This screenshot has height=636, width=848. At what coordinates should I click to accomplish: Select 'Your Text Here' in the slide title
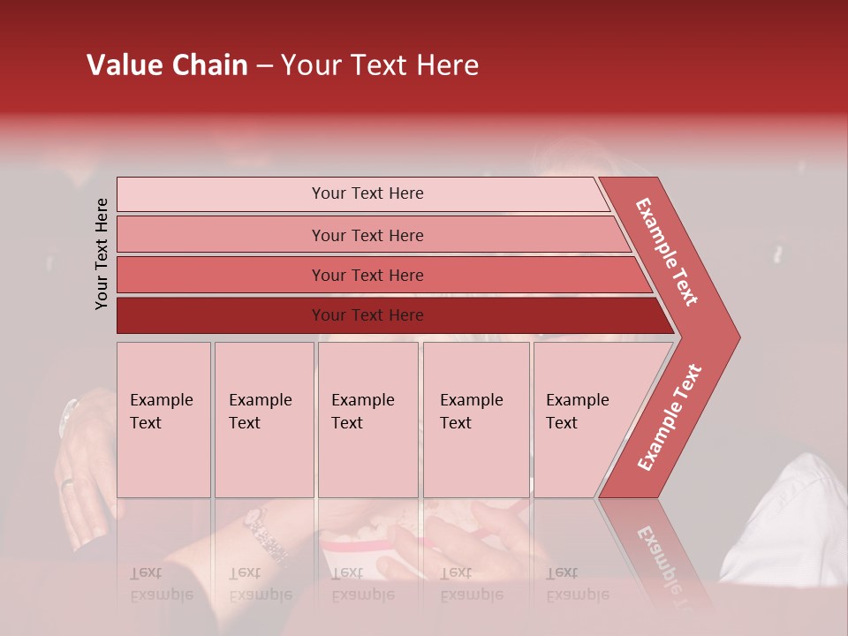[380, 65]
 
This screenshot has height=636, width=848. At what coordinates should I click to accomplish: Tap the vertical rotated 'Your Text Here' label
[102, 254]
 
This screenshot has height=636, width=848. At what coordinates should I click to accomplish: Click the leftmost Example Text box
[163, 420]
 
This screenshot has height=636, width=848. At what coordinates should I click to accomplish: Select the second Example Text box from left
[263, 420]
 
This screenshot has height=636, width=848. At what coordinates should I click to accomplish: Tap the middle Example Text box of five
[367, 420]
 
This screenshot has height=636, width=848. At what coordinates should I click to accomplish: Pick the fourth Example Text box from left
[475, 420]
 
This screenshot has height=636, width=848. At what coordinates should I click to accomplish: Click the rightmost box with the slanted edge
[583, 420]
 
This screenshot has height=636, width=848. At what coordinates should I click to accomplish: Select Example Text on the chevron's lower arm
[670, 417]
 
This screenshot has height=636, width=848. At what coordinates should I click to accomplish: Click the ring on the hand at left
[68, 483]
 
